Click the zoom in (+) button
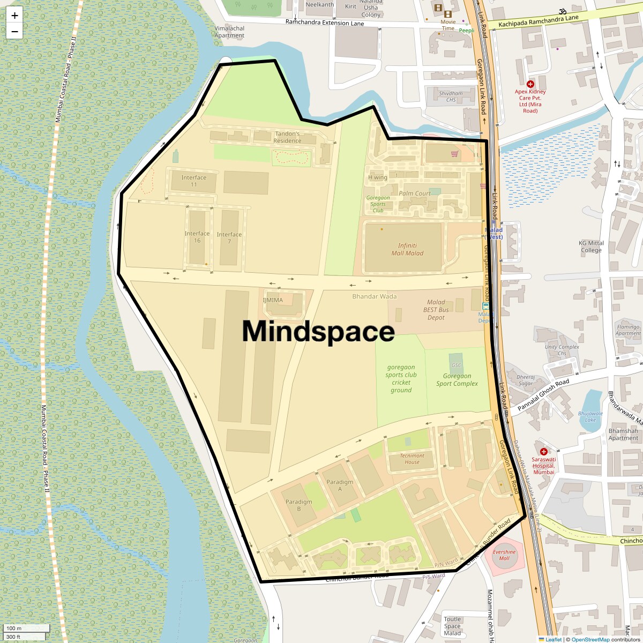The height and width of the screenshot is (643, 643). click(14, 16)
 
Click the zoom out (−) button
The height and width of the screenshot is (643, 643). click(14, 32)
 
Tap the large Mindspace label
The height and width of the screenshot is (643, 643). click(318, 331)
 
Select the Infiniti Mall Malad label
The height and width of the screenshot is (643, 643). click(407, 250)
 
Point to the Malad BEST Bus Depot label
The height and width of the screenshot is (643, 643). click(436, 310)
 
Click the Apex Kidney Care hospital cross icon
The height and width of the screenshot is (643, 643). click(530, 84)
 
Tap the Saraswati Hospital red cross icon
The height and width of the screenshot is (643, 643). click(544, 452)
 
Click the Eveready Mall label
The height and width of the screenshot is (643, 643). click(504, 555)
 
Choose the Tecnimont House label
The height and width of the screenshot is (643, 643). click(412, 459)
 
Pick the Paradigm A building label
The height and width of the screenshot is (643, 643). click(340, 485)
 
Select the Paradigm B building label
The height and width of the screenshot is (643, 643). click(298, 505)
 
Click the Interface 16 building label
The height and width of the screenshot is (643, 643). click(197, 237)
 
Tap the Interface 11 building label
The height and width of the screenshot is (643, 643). click(193, 181)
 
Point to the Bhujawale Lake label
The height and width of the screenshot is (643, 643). click(590, 416)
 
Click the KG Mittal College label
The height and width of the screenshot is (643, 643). click(591, 246)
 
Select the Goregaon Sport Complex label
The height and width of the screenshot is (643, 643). click(457, 380)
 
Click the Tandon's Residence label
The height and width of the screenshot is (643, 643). click(287, 137)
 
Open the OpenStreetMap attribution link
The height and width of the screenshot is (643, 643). click(590, 639)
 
